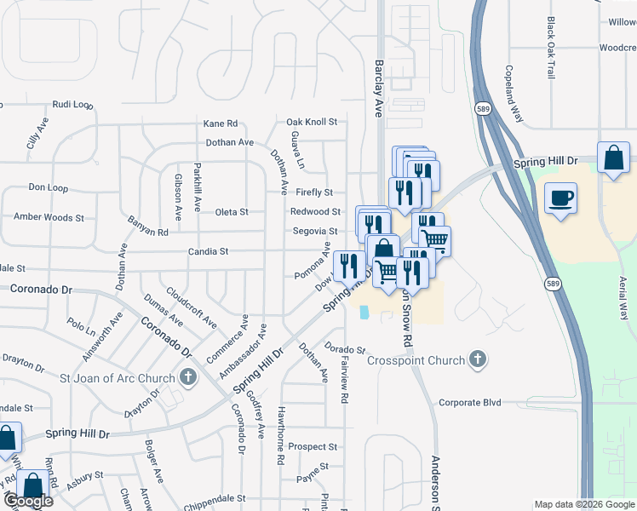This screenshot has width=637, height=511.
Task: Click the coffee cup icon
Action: [x=560, y=198]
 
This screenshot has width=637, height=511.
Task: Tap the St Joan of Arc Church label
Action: [x=117, y=376]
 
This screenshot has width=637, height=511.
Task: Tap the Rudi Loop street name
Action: [x=72, y=105]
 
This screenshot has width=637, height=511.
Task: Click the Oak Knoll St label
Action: [x=312, y=122]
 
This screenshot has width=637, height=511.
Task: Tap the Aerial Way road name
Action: [x=623, y=296]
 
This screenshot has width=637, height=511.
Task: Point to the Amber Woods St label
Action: [x=49, y=217]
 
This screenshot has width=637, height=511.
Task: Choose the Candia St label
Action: [x=209, y=251]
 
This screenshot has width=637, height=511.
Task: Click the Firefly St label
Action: [x=314, y=192]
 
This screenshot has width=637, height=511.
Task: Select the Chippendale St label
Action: [x=214, y=498]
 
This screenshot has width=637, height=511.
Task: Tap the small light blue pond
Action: [x=365, y=313]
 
